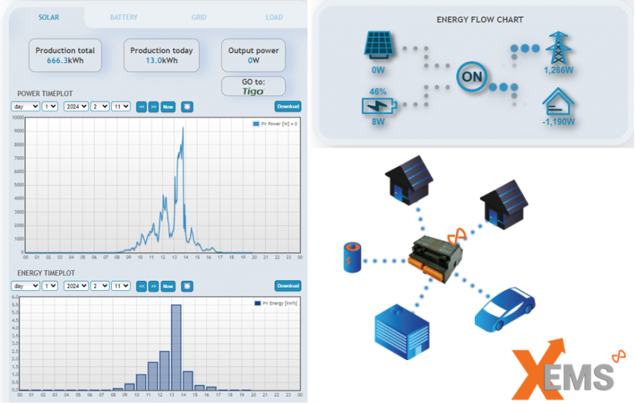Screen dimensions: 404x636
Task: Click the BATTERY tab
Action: pyautogui.click(x=124, y=17)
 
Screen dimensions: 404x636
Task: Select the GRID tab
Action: pyautogui.click(x=199, y=17)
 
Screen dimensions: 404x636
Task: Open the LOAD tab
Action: pyautogui.click(x=274, y=17)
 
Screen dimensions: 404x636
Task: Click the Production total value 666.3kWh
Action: pyautogui.click(x=65, y=61)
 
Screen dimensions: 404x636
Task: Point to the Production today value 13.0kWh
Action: pyautogui.click(x=161, y=61)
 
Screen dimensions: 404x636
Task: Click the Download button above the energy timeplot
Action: pyautogui.click(x=288, y=286)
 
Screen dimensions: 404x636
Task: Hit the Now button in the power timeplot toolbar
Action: pyautogui.click(x=167, y=107)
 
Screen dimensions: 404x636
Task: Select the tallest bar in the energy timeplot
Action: pyautogui.click(x=177, y=347)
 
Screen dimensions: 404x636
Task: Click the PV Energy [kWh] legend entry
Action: pyautogui.click(x=276, y=303)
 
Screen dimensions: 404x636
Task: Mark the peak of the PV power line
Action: pyautogui.click(x=183, y=128)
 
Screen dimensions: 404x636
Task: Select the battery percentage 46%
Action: pyautogui.click(x=377, y=92)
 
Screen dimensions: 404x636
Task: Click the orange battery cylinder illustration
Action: pyautogui.click(x=351, y=257)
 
